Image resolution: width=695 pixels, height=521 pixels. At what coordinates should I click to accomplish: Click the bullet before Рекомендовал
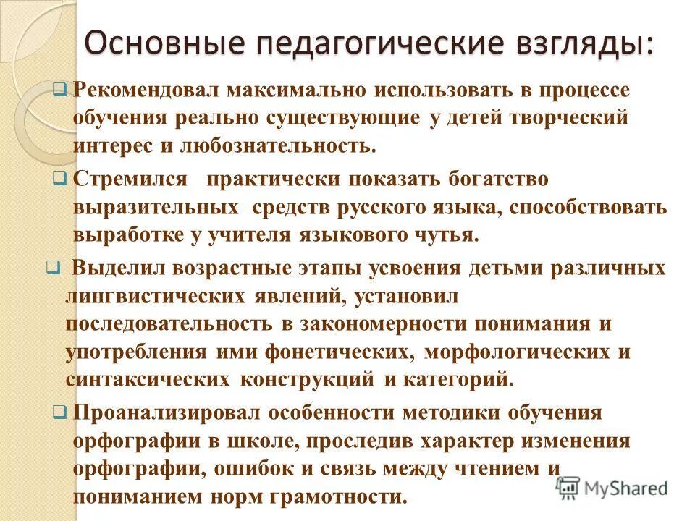[60, 90]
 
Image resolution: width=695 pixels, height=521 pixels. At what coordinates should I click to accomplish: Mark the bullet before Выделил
[51, 268]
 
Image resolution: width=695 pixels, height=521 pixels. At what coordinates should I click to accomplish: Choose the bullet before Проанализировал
[60, 412]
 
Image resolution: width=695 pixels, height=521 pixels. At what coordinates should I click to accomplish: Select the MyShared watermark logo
[612, 488]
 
